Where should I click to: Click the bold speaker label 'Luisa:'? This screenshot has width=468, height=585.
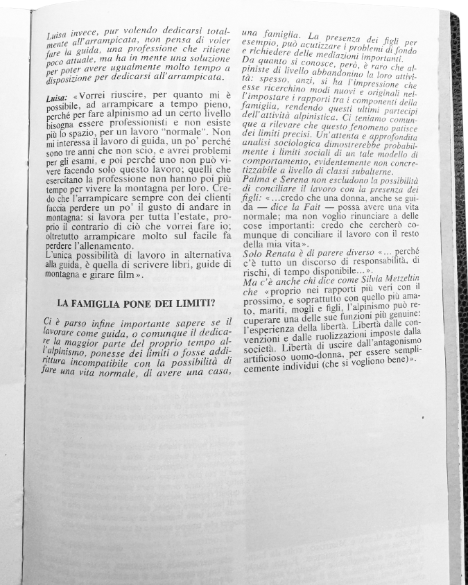point(56,100)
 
